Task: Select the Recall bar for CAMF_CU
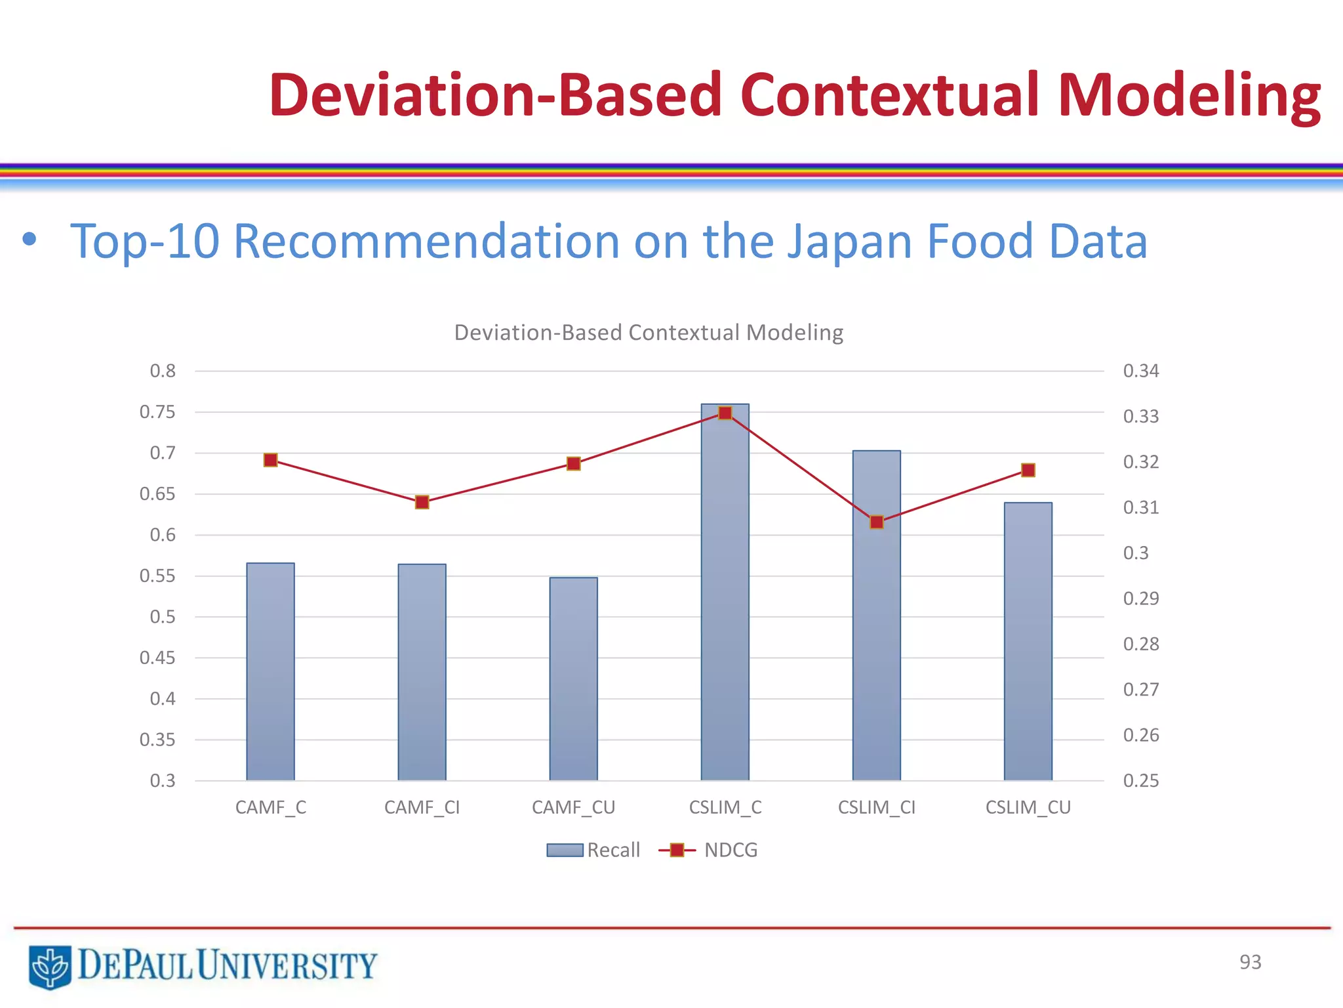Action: click(573, 679)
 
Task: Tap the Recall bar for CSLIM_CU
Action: click(1028, 643)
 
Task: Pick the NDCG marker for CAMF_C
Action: click(270, 460)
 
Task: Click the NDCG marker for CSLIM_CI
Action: click(877, 522)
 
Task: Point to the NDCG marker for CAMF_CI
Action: click(422, 502)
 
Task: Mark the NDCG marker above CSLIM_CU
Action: click(1028, 470)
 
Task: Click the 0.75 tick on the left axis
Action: click(157, 412)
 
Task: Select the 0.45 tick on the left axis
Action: click(157, 658)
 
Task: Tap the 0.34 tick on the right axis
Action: click(1141, 371)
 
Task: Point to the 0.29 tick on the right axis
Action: click(1141, 598)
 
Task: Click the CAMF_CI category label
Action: click(422, 807)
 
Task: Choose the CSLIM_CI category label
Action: click(877, 807)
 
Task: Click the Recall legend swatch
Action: click(565, 850)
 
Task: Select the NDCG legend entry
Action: click(730, 850)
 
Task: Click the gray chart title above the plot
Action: click(649, 333)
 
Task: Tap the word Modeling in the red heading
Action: click(1188, 95)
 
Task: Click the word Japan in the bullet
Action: click(849, 241)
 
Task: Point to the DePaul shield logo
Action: click(50, 966)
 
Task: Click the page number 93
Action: click(1250, 962)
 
